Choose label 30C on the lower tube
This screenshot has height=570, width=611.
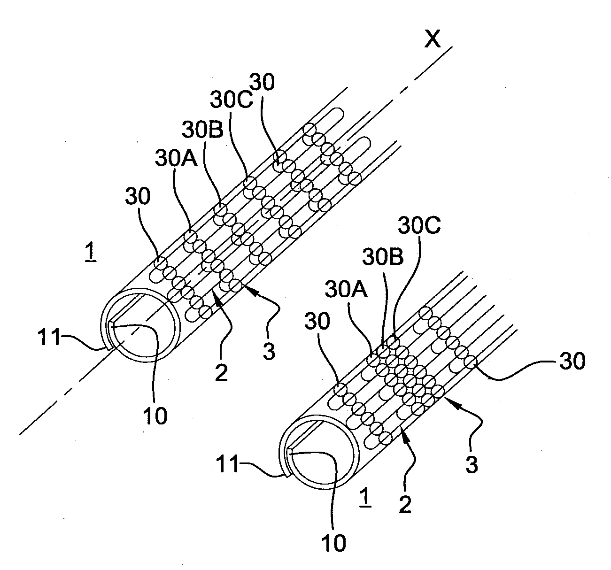click(x=419, y=227)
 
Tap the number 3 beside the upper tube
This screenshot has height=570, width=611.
click(x=269, y=351)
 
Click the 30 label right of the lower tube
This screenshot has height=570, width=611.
click(x=572, y=362)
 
